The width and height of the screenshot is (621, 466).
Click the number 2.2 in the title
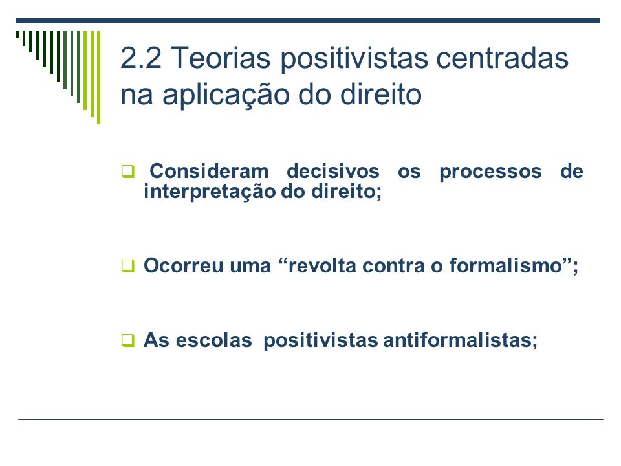(x=140, y=58)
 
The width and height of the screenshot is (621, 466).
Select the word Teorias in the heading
(x=221, y=58)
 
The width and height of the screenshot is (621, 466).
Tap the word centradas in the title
(x=502, y=58)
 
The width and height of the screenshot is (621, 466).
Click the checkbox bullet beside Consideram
(x=128, y=172)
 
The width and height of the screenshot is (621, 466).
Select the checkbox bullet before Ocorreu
(x=128, y=265)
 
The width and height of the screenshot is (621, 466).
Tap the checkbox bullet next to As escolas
(x=128, y=340)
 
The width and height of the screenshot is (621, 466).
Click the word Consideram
(x=209, y=171)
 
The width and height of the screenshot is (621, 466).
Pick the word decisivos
(x=333, y=171)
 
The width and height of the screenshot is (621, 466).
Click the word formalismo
(x=506, y=265)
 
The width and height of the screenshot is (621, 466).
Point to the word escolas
(x=214, y=340)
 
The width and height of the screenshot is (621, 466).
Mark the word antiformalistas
(x=457, y=340)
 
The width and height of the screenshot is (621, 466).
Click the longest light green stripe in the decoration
(x=98, y=78)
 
